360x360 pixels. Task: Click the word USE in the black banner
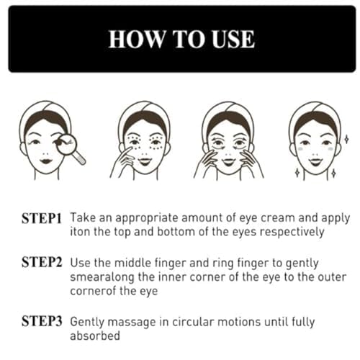point(233,40)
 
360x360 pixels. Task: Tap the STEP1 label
point(42,218)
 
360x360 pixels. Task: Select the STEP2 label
point(42,262)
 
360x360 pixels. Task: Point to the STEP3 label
point(42,321)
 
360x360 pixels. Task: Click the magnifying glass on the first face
point(70,148)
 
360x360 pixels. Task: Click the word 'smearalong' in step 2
point(102,277)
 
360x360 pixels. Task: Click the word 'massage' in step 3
point(132,322)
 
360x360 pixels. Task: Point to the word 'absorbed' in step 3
point(95,336)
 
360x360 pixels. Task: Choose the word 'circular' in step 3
point(193,322)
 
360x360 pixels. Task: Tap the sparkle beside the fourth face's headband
point(346,139)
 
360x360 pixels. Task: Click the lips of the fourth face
point(315,161)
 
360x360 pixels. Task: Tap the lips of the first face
point(46,161)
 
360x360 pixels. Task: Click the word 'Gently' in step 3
point(87,322)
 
